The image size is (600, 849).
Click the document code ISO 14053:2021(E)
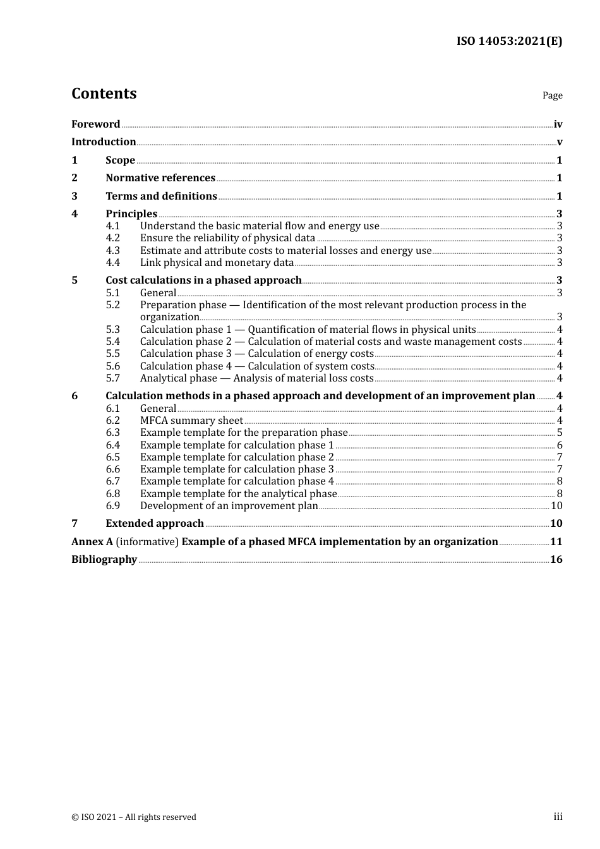tap(509, 41)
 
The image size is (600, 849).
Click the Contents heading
tap(104, 93)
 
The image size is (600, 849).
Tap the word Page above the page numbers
tap(552, 95)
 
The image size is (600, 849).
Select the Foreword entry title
tap(95, 124)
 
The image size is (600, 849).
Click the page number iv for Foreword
tap(558, 124)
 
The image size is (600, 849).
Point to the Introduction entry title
tap(104, 142)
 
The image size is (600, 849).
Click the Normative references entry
tap(160, 178)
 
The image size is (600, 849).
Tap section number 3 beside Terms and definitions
tap(75, 196)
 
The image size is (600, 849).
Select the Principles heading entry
tap(131, 214)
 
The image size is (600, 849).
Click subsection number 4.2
tap(112, 238)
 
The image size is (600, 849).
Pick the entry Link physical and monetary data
tap(217, 263)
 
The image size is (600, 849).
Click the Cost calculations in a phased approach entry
tap(203, 280)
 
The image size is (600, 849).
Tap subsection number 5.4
tap(112, 342)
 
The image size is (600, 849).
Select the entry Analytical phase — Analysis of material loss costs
tap(256, 378)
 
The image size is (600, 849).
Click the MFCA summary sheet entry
tap(191, 421)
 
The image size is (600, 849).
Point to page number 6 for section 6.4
tap(560, 445)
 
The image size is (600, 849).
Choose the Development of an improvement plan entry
tap(229, 506)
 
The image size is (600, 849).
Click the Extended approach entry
tap(155, 524)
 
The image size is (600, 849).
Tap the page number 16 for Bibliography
tap(556, 560)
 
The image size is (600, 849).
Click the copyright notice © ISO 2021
tap(134, 817)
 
